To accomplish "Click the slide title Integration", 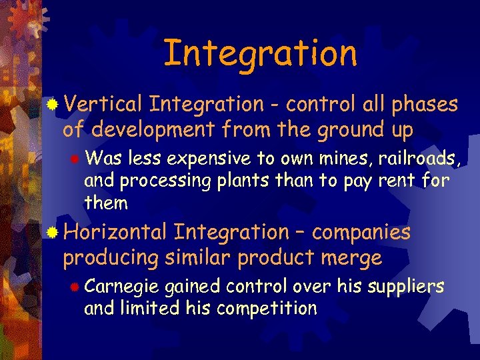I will click(260, 53).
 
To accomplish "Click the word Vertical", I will click(104, 105).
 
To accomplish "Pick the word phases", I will click(425, 105).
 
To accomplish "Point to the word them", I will click(105, 202).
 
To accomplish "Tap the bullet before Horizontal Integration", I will click(53, 233).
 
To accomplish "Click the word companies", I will click(361, 233).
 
